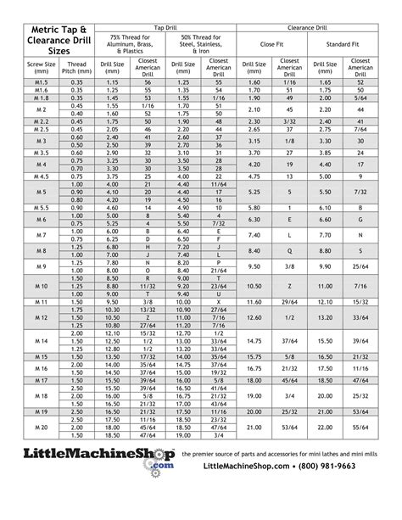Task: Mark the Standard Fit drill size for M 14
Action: tap(323, 341)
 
